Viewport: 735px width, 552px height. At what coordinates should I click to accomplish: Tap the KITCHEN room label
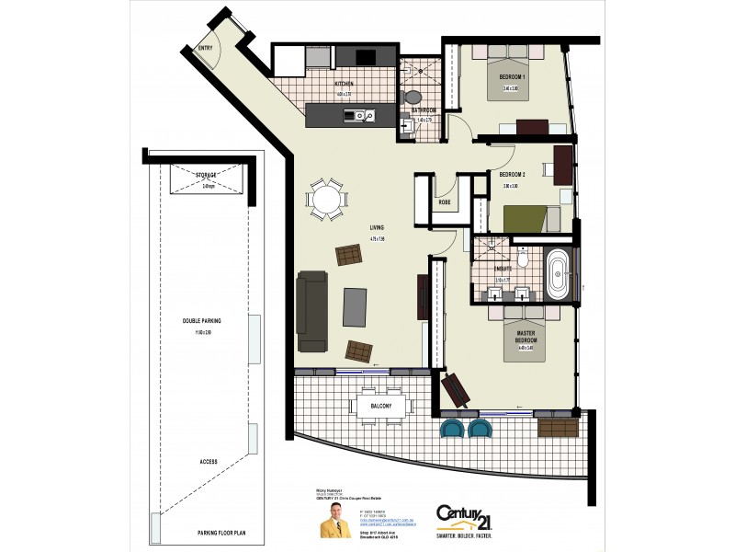[345, 83]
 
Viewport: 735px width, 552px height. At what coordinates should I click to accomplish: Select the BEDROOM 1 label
[513, 76]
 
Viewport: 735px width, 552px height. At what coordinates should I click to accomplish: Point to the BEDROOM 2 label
[512, 174]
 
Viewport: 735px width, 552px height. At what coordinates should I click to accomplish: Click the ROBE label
[444, 201]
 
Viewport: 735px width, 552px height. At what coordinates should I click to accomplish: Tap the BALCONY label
[382, 406]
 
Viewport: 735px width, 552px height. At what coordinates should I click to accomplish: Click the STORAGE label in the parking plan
[206, 175]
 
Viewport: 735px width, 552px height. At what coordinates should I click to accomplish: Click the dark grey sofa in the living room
[312, 311]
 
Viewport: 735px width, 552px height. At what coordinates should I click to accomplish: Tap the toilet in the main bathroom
[413, 96]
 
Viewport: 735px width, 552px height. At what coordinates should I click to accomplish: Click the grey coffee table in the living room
[355, 307]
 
